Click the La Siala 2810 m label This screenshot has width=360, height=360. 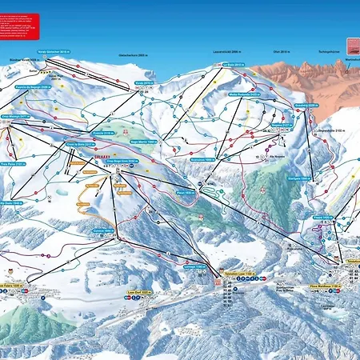(x=233, y=66)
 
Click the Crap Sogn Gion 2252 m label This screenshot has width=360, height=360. (x=118, y=161)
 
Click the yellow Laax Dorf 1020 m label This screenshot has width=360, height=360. (x=141, y=294)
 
